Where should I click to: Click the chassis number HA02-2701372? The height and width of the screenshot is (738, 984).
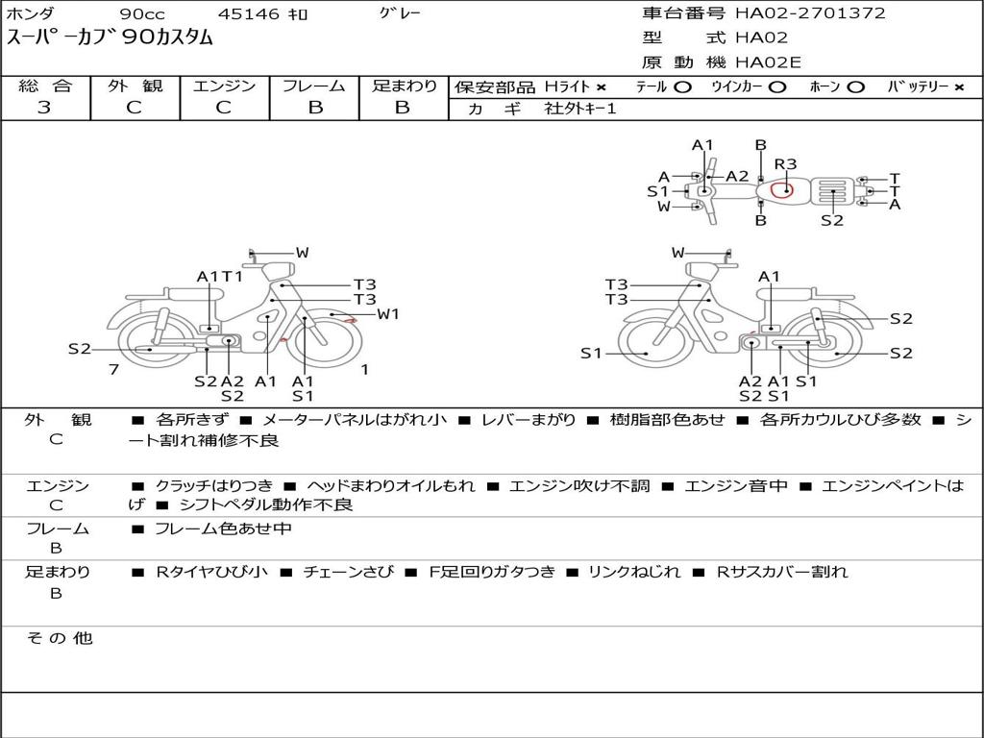810,13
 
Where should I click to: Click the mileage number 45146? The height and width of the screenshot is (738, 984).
249,14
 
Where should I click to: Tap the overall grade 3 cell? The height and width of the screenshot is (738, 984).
44,108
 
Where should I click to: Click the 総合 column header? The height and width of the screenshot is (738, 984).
45,86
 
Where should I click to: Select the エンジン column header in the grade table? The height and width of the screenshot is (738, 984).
224,86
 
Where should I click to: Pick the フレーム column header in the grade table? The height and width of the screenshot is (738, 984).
313,86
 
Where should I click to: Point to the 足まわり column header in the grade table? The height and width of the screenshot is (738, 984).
404,86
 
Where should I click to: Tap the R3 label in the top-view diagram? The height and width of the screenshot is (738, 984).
786,164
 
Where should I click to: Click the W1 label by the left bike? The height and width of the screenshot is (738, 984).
388,313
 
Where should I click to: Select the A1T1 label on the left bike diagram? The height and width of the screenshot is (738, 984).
220,277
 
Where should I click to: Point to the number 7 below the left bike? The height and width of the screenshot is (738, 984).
113,369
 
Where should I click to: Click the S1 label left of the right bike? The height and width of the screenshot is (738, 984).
592,354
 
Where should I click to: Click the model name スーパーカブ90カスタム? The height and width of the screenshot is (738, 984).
111,38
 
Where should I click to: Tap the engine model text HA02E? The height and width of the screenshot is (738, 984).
768,62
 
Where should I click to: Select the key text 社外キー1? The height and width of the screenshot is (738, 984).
580,109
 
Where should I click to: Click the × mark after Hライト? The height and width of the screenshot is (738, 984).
601,87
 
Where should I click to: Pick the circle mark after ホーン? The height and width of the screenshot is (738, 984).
855,87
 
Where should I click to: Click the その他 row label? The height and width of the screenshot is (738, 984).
59,638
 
